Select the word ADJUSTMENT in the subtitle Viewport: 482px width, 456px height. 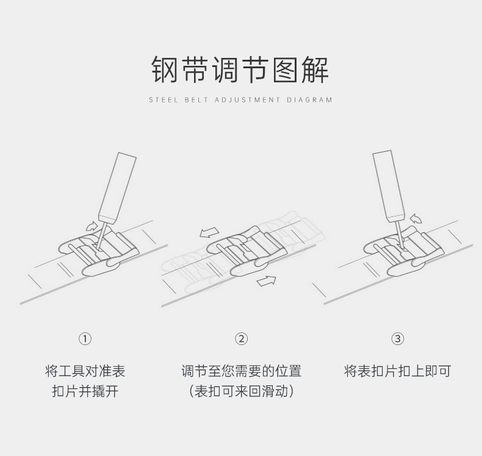pyautogui.click(x=246, y=100)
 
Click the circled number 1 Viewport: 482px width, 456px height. pyautogui.click(x=85, y=339)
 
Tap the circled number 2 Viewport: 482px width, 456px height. pyautogui.click(x=242, y=339)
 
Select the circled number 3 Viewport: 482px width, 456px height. pyautogui.click(x=398, y=339)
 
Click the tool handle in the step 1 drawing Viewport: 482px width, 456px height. pyautogui.click(x=117, y=186)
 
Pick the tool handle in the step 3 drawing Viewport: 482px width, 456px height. pyautogui.click(x=389, y=183)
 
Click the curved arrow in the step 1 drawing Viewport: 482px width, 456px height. pyautogui.click(x=90, y=227)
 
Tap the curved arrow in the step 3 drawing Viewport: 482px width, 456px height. pyautogui.click(x=417, y=218)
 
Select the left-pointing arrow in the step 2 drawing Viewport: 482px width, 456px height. pyautogui.click(x=209, y=232)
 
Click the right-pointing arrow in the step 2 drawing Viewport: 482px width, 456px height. pyautogui.click(x=267, y=280)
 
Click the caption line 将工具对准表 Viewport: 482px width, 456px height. pyautogui.click(x=85, y=371)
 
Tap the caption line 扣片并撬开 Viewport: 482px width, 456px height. pyautogui.click(x=85, y=391)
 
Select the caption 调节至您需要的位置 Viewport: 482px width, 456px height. pyautogui.click(x=242, y=371)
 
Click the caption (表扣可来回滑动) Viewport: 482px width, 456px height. pyautogui.click(x=242, y=391)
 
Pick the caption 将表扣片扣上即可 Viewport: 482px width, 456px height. pyautogui.click(x=398, y=371)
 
